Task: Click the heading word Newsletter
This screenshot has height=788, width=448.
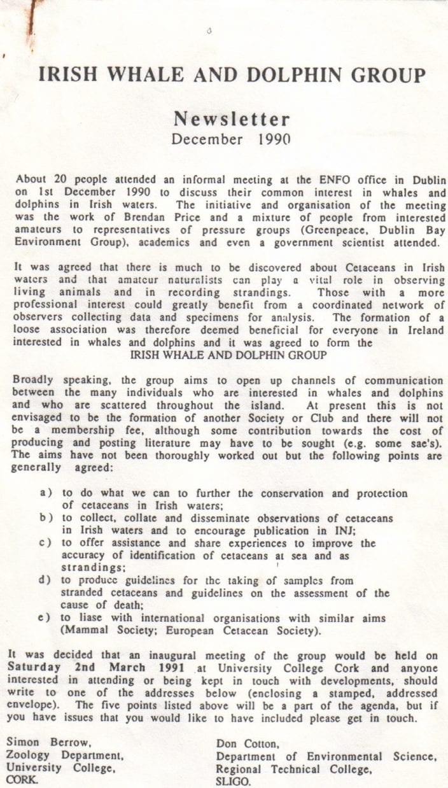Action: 232,119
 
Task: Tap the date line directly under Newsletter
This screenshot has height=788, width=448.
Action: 232,139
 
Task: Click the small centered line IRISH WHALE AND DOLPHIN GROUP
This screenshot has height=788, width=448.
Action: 229,355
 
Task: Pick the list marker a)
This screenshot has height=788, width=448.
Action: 46,493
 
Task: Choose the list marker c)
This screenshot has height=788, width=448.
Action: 46,544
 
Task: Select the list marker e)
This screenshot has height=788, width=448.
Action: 46,619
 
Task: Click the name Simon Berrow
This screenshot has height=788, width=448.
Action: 41,743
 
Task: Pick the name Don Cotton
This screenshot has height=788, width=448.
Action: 244,743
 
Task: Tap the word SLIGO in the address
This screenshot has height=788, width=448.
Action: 233,781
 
